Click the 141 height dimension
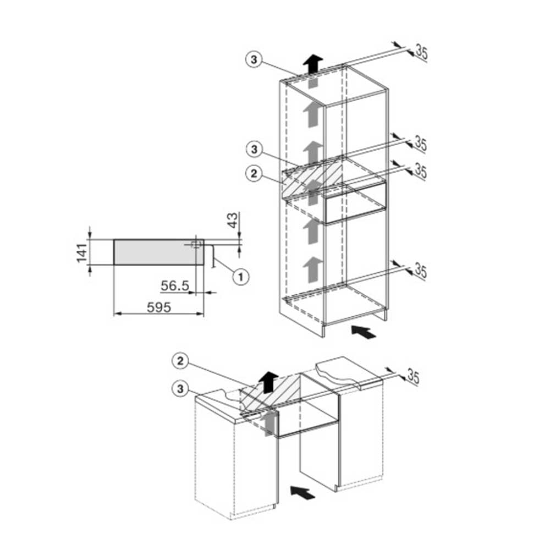(82, 252)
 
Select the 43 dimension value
(233, 221)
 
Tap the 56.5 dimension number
(175, 285)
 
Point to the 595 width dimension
(159, 307)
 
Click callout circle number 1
(241, 277)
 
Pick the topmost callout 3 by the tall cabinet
(254, 59)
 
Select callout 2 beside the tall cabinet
(254, 174)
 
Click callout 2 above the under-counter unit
(180, 361)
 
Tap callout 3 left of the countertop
(180, 389)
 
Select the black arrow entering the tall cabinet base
(364, 332)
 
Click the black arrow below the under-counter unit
(303, 492)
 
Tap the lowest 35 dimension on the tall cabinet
(421, 271)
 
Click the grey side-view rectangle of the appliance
(158, 252)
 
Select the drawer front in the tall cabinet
(356, 202)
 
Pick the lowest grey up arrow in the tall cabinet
(313, 269)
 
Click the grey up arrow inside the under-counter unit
(269, 424)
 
